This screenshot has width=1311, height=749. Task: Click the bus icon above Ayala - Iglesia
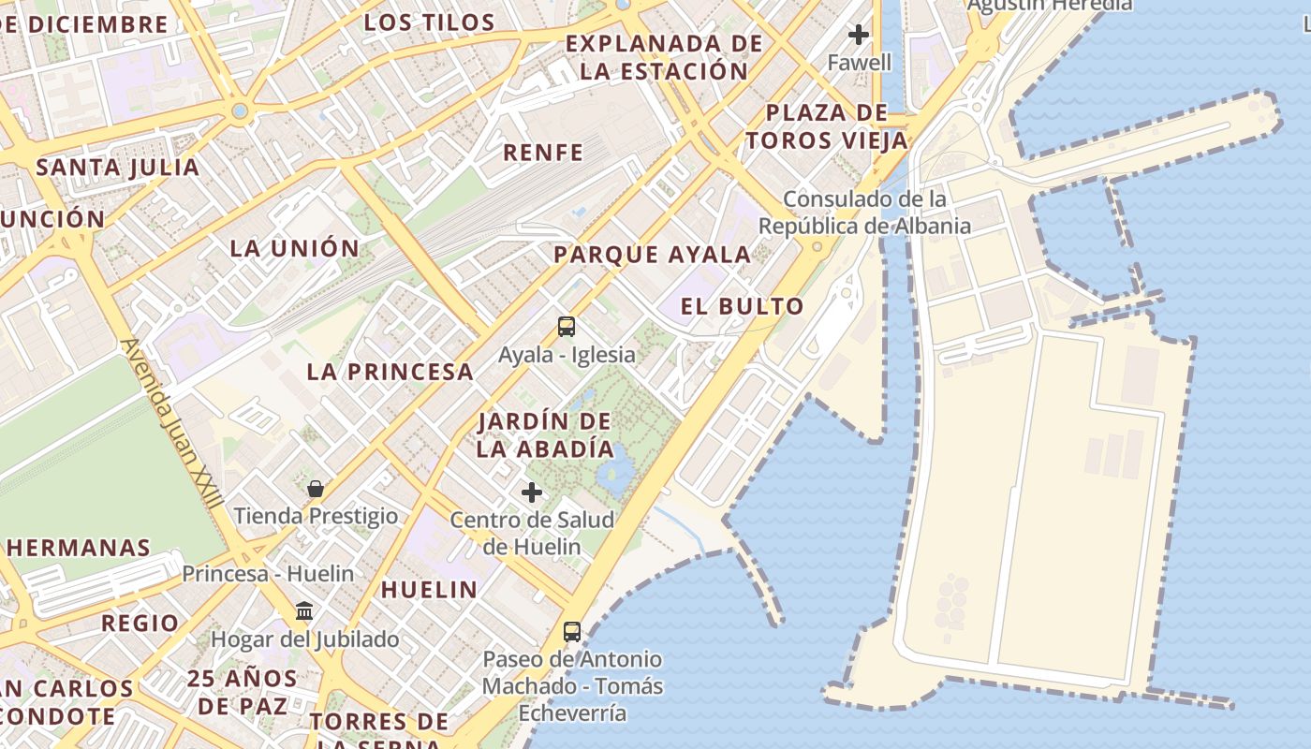tap(567, 327)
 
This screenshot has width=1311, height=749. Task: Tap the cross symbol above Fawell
tap(859, 36)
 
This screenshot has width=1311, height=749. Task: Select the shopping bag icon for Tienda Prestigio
tap(316, 489)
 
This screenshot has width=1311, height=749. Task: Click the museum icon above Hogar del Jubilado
tap(304, 611)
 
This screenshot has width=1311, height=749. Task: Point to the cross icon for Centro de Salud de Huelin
tap(532, 492)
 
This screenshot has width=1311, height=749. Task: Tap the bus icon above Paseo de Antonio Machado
tap(572, 632)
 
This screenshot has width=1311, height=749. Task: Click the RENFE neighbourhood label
tap(543, 153)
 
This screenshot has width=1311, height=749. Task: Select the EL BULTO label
tap(742, 306)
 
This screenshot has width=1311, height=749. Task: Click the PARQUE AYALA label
tap(652, 255)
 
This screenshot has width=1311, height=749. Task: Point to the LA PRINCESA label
tap(390, 372)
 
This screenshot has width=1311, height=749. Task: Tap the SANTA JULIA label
tap(118, 169)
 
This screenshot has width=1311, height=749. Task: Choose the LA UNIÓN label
tap(295, 248)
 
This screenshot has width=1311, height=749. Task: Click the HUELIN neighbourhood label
tap(429, 590)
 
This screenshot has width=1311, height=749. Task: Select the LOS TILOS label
tap(429, 22)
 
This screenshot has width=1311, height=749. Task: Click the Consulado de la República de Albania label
tap(864, 213)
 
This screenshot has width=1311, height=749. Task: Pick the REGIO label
tap(140, 624)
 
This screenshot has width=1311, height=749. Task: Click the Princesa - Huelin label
tap(268, 574)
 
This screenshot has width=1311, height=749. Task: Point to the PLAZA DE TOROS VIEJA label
tap(827, 126)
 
